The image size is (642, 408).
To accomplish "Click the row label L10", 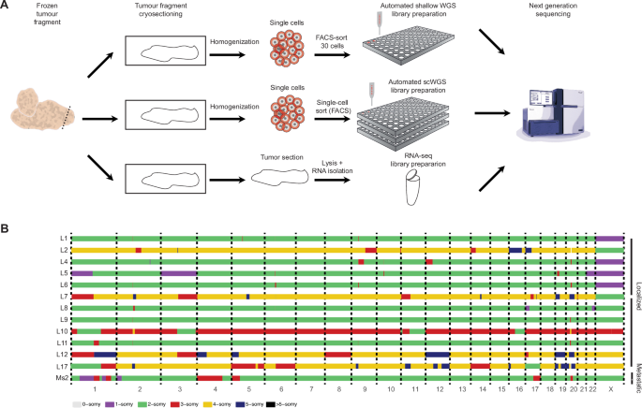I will point(62,331).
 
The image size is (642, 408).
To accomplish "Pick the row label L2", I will point(62,250).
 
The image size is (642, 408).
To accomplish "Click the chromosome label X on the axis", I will point(609,387).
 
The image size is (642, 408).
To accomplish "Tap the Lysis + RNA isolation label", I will point(342,166).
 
